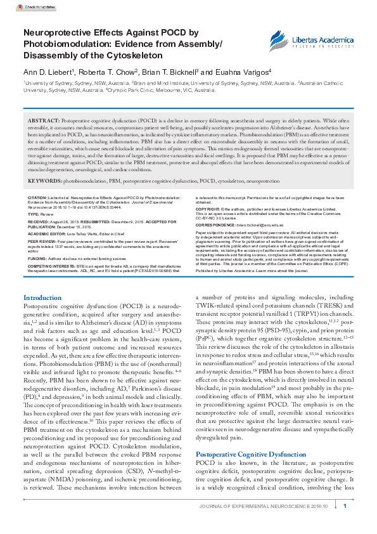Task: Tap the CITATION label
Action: point(37,198)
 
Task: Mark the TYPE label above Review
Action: point(34,214)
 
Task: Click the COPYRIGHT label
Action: point(207,207)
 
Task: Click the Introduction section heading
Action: point(42,297)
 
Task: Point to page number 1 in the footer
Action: point(345,506)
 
